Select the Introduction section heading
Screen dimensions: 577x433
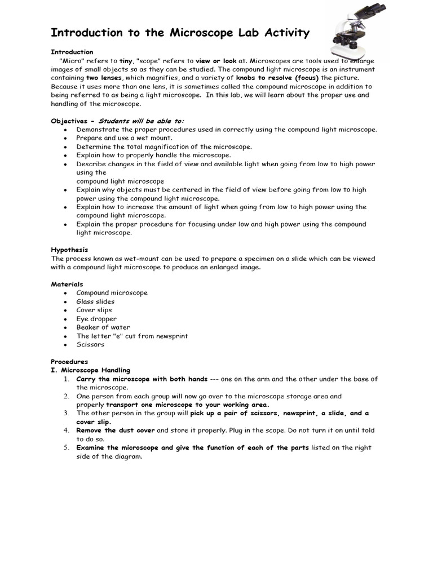(x=72, y=52)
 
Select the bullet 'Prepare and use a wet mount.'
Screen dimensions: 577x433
(x=125, y=138)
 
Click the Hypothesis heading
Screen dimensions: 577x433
(x=69, y=250)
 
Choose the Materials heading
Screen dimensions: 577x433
(x=67, y=285)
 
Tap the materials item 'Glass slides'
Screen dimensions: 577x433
(x=95, y=301)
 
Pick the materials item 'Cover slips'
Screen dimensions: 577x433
(x=94, y=310)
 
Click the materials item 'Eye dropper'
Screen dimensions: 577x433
(x=96, y=319)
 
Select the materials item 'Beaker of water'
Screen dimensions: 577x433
(x=103, y=327)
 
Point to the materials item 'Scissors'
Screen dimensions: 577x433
(x=90, y=344)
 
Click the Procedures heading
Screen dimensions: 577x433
(x=69, y=362)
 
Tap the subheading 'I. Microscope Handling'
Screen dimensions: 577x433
(x=90, y=370)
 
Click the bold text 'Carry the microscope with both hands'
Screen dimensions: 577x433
(x=142, y=379)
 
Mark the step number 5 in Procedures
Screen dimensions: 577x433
(x=66, y=448)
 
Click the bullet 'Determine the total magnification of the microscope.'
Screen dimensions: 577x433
(x=164, y=147)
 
